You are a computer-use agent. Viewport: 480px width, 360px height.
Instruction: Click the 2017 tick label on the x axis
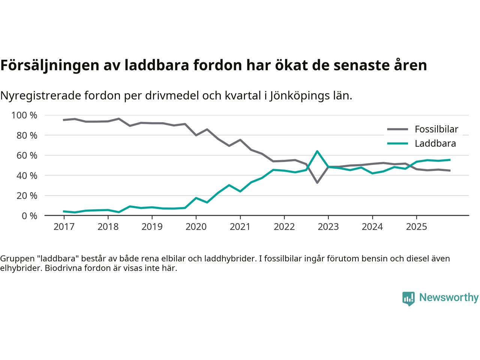[x=64, y=227]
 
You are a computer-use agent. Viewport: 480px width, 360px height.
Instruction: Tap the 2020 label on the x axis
[x=196, y=227]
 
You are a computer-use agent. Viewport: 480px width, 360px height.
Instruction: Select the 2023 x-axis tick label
[x=328, y=227]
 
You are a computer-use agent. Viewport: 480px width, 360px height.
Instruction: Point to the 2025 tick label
[x=416, y=227]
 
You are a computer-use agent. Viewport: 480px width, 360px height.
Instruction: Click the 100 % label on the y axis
[x=24, y=115]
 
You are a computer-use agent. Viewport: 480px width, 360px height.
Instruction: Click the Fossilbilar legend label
[x=436, y=129]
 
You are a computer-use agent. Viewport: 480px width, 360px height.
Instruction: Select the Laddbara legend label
[x=435, y=144]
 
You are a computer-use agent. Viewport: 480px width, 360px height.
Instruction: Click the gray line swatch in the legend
[x=397, y=129]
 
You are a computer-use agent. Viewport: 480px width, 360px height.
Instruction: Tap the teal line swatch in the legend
[x=397, y=144]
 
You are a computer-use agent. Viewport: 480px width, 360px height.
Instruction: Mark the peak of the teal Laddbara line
[x=317, y=151]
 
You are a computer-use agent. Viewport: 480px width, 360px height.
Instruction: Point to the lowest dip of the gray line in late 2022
[x=317, y=183]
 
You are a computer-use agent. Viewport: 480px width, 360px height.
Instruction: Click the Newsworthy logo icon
[x=408, y=298]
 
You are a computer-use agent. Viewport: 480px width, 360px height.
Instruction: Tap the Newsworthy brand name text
[x=449, y=298]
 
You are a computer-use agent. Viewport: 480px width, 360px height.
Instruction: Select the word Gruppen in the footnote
[x=15, y=259]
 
